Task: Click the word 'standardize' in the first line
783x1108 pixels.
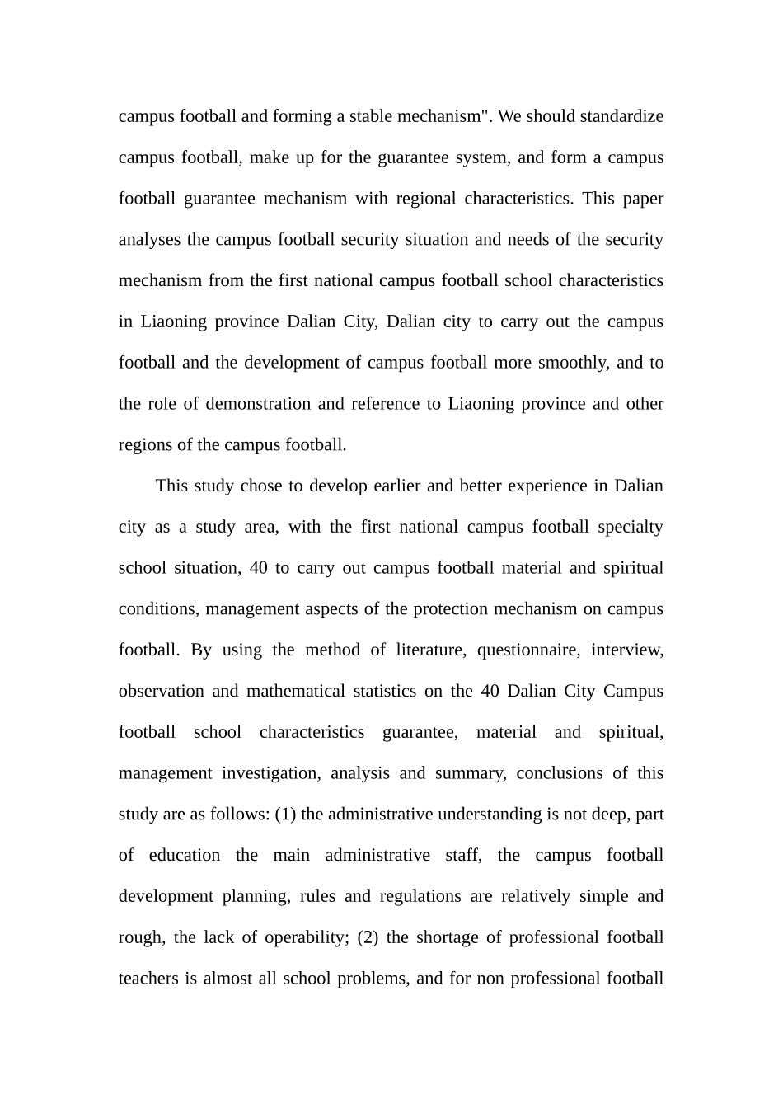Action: [x=621, y=116]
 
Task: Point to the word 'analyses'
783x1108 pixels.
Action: [x=150, y=240]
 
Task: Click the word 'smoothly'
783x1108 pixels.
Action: [x=573, y=363]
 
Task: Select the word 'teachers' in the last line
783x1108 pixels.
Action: [x=148, y=979]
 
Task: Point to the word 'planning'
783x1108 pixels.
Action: [x=256, y=896]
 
